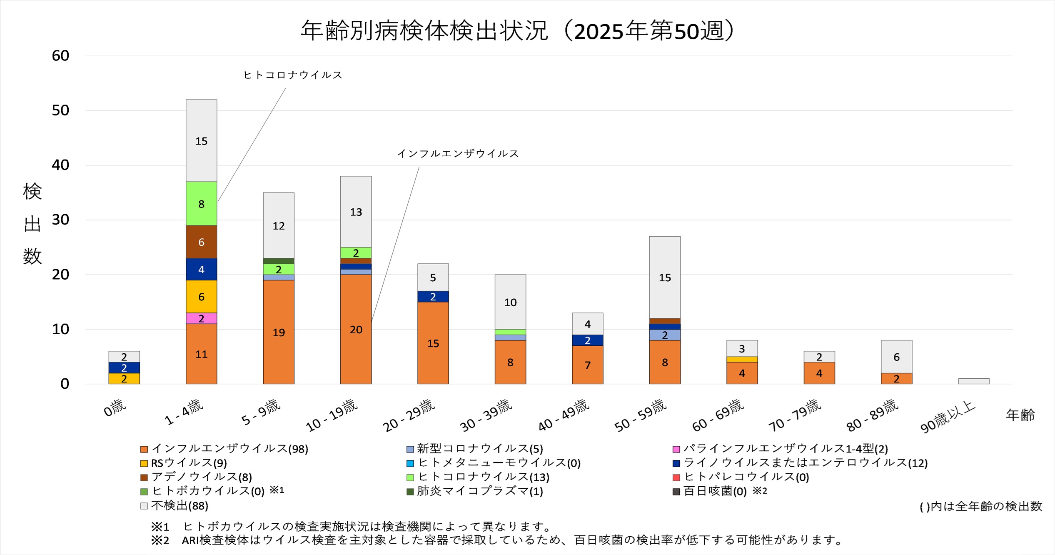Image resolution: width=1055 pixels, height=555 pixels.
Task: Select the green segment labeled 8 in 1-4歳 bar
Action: tap(201, 204)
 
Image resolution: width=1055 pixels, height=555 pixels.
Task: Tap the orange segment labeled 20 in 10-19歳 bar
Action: tap(356, 329)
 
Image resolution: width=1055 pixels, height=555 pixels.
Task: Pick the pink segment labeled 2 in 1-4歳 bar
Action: tap(201, 319)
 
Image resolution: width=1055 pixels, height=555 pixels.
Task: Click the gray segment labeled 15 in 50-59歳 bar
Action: tap(665, 277)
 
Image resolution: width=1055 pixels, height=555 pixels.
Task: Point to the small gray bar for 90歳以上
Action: tap(974, 381)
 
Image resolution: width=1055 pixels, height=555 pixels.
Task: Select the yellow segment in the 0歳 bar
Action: tap(124, 379)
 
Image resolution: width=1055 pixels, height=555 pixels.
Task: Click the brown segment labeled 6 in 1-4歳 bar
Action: tap(201, 242)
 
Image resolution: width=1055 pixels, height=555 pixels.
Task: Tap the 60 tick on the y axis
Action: tap(60, 56)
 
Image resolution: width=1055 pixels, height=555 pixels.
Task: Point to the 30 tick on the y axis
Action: tap(60, 220)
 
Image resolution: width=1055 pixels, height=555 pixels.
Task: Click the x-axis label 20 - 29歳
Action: tap(409, 415)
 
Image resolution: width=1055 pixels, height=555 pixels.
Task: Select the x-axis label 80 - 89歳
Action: tap(872, 415)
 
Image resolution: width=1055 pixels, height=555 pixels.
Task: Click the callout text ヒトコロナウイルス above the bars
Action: tap(293, 75)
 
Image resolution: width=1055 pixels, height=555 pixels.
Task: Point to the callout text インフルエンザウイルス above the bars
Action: tap(458, 154)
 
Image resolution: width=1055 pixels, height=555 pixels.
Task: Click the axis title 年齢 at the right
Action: tap(1020, 415)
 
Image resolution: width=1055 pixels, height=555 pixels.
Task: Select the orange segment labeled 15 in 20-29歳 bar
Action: tap(433, 343)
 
